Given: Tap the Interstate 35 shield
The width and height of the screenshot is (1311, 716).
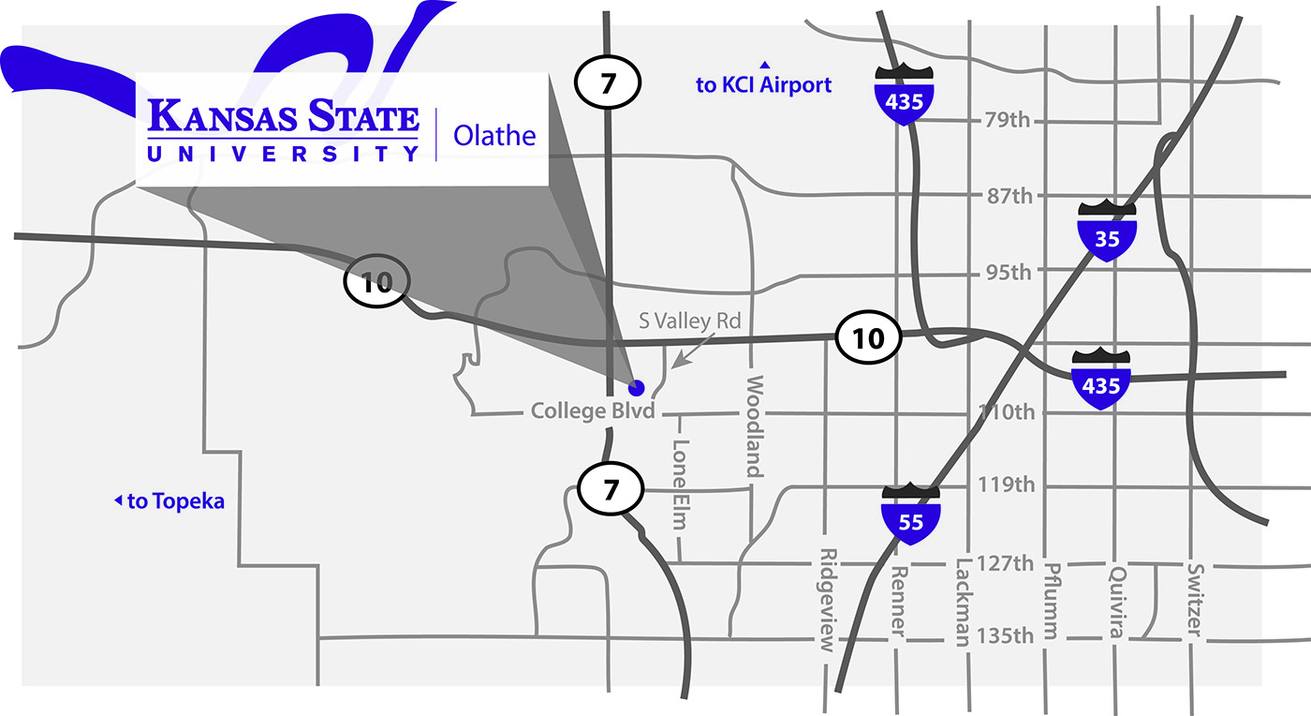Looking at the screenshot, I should (1107, 230).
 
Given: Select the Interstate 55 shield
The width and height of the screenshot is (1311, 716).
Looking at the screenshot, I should (910, 515).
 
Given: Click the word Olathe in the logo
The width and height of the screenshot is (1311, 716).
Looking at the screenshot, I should (494, 135).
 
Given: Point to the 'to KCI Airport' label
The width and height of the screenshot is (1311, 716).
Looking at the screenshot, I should (763, 84).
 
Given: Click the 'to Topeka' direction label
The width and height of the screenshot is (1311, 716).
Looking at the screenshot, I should (169, 501).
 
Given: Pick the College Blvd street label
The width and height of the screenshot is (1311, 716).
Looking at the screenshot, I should (592, 411).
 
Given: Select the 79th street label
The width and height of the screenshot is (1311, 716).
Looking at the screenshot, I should (1008, 120).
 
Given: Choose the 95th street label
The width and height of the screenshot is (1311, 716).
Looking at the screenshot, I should (1008, 273).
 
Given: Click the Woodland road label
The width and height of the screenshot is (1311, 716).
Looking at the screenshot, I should (755, 426).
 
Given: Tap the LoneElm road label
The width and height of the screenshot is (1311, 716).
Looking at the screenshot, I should (681, 485).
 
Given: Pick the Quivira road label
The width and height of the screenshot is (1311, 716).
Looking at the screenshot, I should (1115, 601).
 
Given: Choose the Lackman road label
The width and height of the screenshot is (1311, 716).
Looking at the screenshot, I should (963, 602).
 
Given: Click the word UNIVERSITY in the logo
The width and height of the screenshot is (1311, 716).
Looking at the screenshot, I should (282, 153).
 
